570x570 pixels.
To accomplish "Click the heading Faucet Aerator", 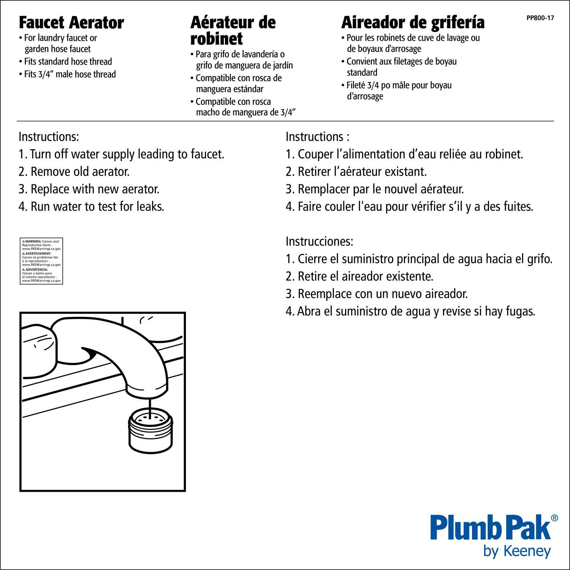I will point(71,23).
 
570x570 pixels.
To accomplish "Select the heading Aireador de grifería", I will point(413,23).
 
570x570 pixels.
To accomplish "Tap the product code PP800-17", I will point(540,18).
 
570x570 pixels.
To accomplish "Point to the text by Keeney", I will point(517,551).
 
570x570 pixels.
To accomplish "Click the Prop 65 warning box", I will point(41,261).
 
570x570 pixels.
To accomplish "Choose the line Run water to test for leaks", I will point(91,207).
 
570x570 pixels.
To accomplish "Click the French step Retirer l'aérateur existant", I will point(356,172).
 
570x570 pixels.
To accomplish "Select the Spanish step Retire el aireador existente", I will point(359,277).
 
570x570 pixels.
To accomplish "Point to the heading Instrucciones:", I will point(319,242).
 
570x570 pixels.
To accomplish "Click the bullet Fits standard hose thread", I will point(68,62).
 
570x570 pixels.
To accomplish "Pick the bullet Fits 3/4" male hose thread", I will point(70,74).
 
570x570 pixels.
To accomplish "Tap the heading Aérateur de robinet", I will point(233,30).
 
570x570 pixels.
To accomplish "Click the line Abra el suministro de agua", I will point(410,312).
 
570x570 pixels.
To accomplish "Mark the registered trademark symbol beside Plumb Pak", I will point(554,518).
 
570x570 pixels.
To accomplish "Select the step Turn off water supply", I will point(122,154).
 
